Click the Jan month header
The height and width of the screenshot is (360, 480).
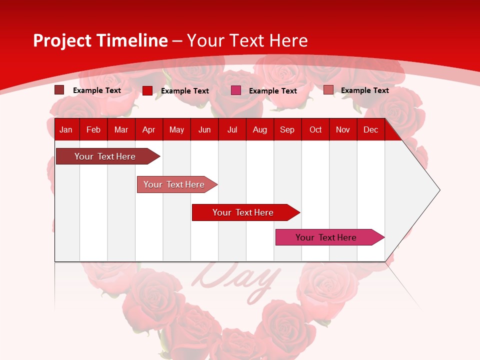[66, 129]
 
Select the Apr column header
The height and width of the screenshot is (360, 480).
[148, 129]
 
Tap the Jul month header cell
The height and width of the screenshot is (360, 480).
[232, 129]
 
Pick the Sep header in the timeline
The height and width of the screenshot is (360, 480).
[287, 129]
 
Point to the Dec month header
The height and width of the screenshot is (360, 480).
[370, 129]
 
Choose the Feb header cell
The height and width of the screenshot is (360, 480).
[93, 129]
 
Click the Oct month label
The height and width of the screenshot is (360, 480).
[315, 129]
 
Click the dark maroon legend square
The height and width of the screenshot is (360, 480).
[59, 90]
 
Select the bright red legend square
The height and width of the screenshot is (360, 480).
[147, 90]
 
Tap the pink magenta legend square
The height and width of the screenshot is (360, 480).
[236, 90]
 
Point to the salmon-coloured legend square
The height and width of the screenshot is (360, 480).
[328, 90]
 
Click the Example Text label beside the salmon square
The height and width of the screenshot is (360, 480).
[364, 90]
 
